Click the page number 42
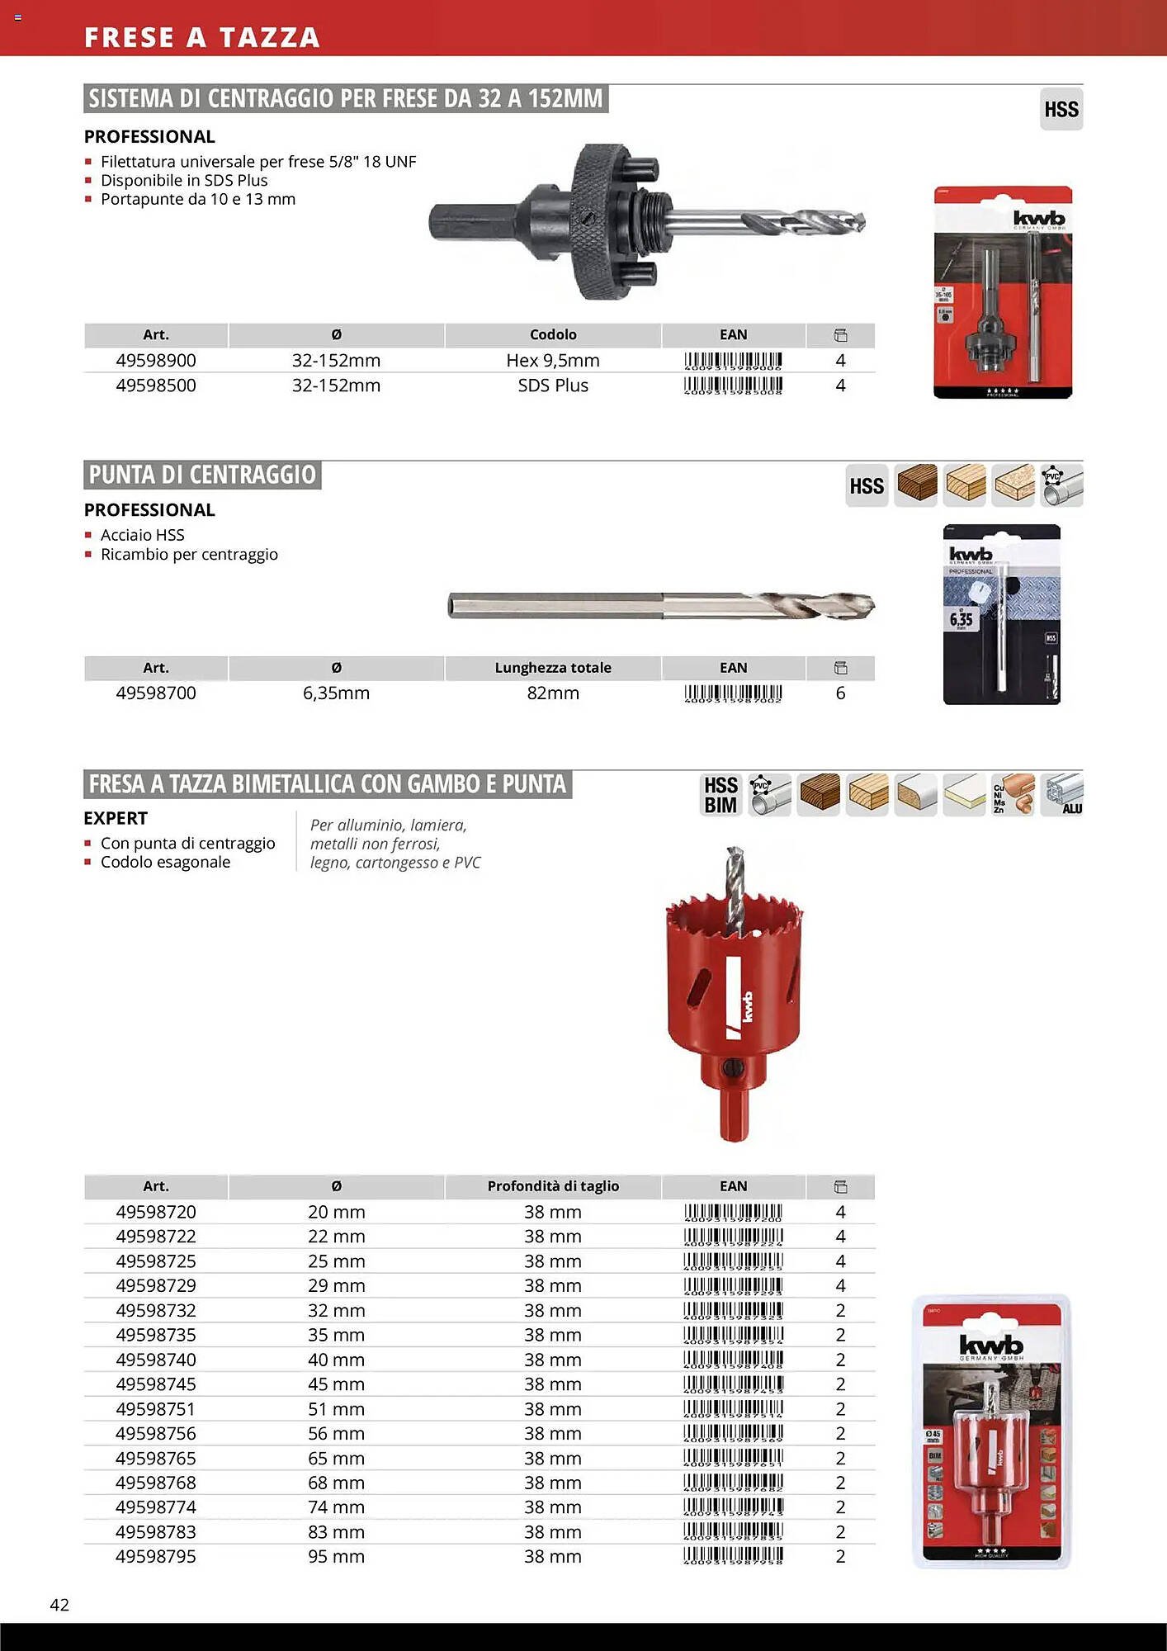[59, 1604]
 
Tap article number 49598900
[156, 361]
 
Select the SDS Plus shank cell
[553, 386]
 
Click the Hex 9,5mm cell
[553, 361]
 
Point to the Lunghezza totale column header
[553, 668]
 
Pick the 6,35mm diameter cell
[336, 693]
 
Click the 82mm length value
[553, 693]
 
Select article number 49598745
[156, 1384]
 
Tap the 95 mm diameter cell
[336, 1557]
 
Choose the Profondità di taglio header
[553, 1186]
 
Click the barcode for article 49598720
[733, 1213]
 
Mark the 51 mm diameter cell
[336, 1409]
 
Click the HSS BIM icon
[721, 795]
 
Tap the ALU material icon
[1062, 795]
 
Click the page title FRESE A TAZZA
[201, 37]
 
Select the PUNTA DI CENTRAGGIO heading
[202, 475]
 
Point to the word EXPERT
[116, 818]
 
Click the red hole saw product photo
[733, 991]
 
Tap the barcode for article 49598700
[733, 693]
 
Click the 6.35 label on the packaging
[961, 619]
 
